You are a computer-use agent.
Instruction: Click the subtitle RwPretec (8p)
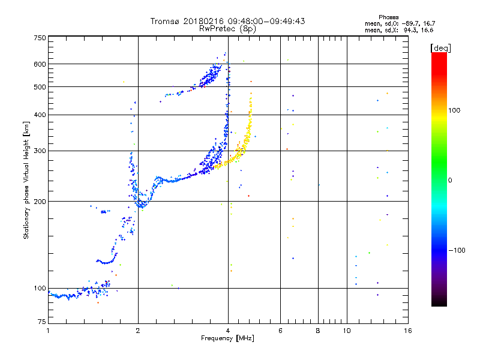228,28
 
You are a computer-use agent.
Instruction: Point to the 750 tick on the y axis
40,37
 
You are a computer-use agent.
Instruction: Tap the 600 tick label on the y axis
40,64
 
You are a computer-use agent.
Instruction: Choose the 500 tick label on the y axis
40,86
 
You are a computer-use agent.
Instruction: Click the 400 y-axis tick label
40,115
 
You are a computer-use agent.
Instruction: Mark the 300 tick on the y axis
40,151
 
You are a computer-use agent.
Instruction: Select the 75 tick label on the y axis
41,323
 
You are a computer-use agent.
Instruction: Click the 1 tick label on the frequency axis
48,331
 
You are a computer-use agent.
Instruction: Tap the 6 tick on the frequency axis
280,331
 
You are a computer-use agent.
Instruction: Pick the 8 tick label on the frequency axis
318,331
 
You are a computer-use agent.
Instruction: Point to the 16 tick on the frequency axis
407,331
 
